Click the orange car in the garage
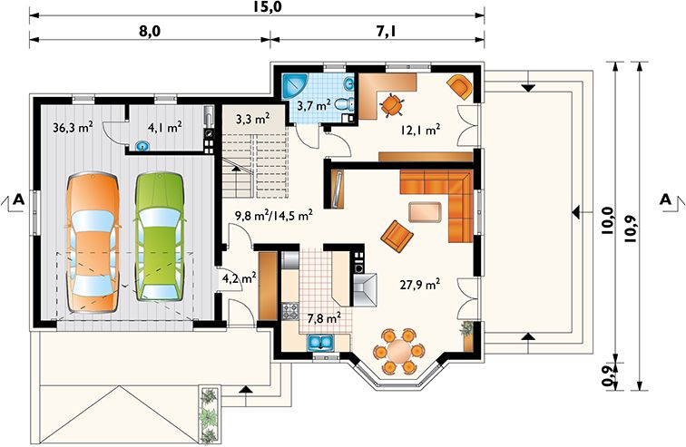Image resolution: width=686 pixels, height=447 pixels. pos(93,238)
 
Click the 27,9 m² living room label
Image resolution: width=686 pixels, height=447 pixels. pos(420,285)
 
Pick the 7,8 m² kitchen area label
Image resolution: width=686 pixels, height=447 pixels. pos(323,318)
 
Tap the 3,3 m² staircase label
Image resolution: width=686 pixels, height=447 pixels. pos(251,119)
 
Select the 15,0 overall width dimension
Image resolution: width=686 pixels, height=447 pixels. pos(268,7)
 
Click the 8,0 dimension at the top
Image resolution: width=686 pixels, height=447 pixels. pos(149,31)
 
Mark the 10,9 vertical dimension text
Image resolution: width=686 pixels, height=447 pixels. pos(633,223)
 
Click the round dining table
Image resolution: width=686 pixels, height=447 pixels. pos(397,350)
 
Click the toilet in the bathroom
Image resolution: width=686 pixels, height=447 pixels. pos(342,107)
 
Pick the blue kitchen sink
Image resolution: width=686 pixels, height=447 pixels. pos(321,343)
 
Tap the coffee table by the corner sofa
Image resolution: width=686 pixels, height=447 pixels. pos(425,212)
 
